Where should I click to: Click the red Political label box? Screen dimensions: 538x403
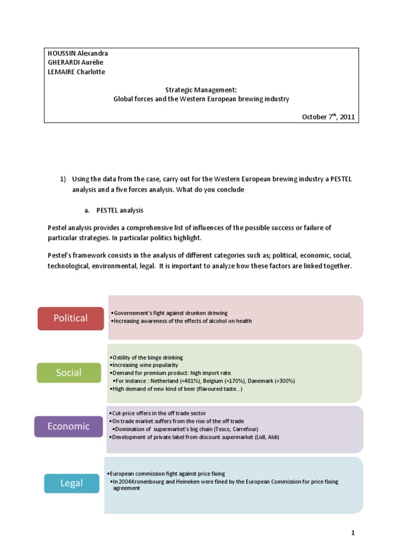click(x=71, y=318)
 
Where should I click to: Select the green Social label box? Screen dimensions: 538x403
click(x=69, y=373)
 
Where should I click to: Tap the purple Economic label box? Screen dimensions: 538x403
click(x=68, y=426)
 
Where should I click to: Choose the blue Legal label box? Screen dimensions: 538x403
click(x=71, y=483)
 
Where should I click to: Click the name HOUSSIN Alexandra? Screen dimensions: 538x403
click(x=78, y=54)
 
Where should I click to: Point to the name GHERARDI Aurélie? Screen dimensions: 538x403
click(x=76, y=63)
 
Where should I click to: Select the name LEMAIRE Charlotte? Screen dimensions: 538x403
click(x=76, y=72)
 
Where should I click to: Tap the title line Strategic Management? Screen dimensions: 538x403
click(x=201, y=90)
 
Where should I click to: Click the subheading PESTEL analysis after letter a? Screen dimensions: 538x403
click(x=120, y=210)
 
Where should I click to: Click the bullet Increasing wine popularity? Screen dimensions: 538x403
click(x=145, y=365)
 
